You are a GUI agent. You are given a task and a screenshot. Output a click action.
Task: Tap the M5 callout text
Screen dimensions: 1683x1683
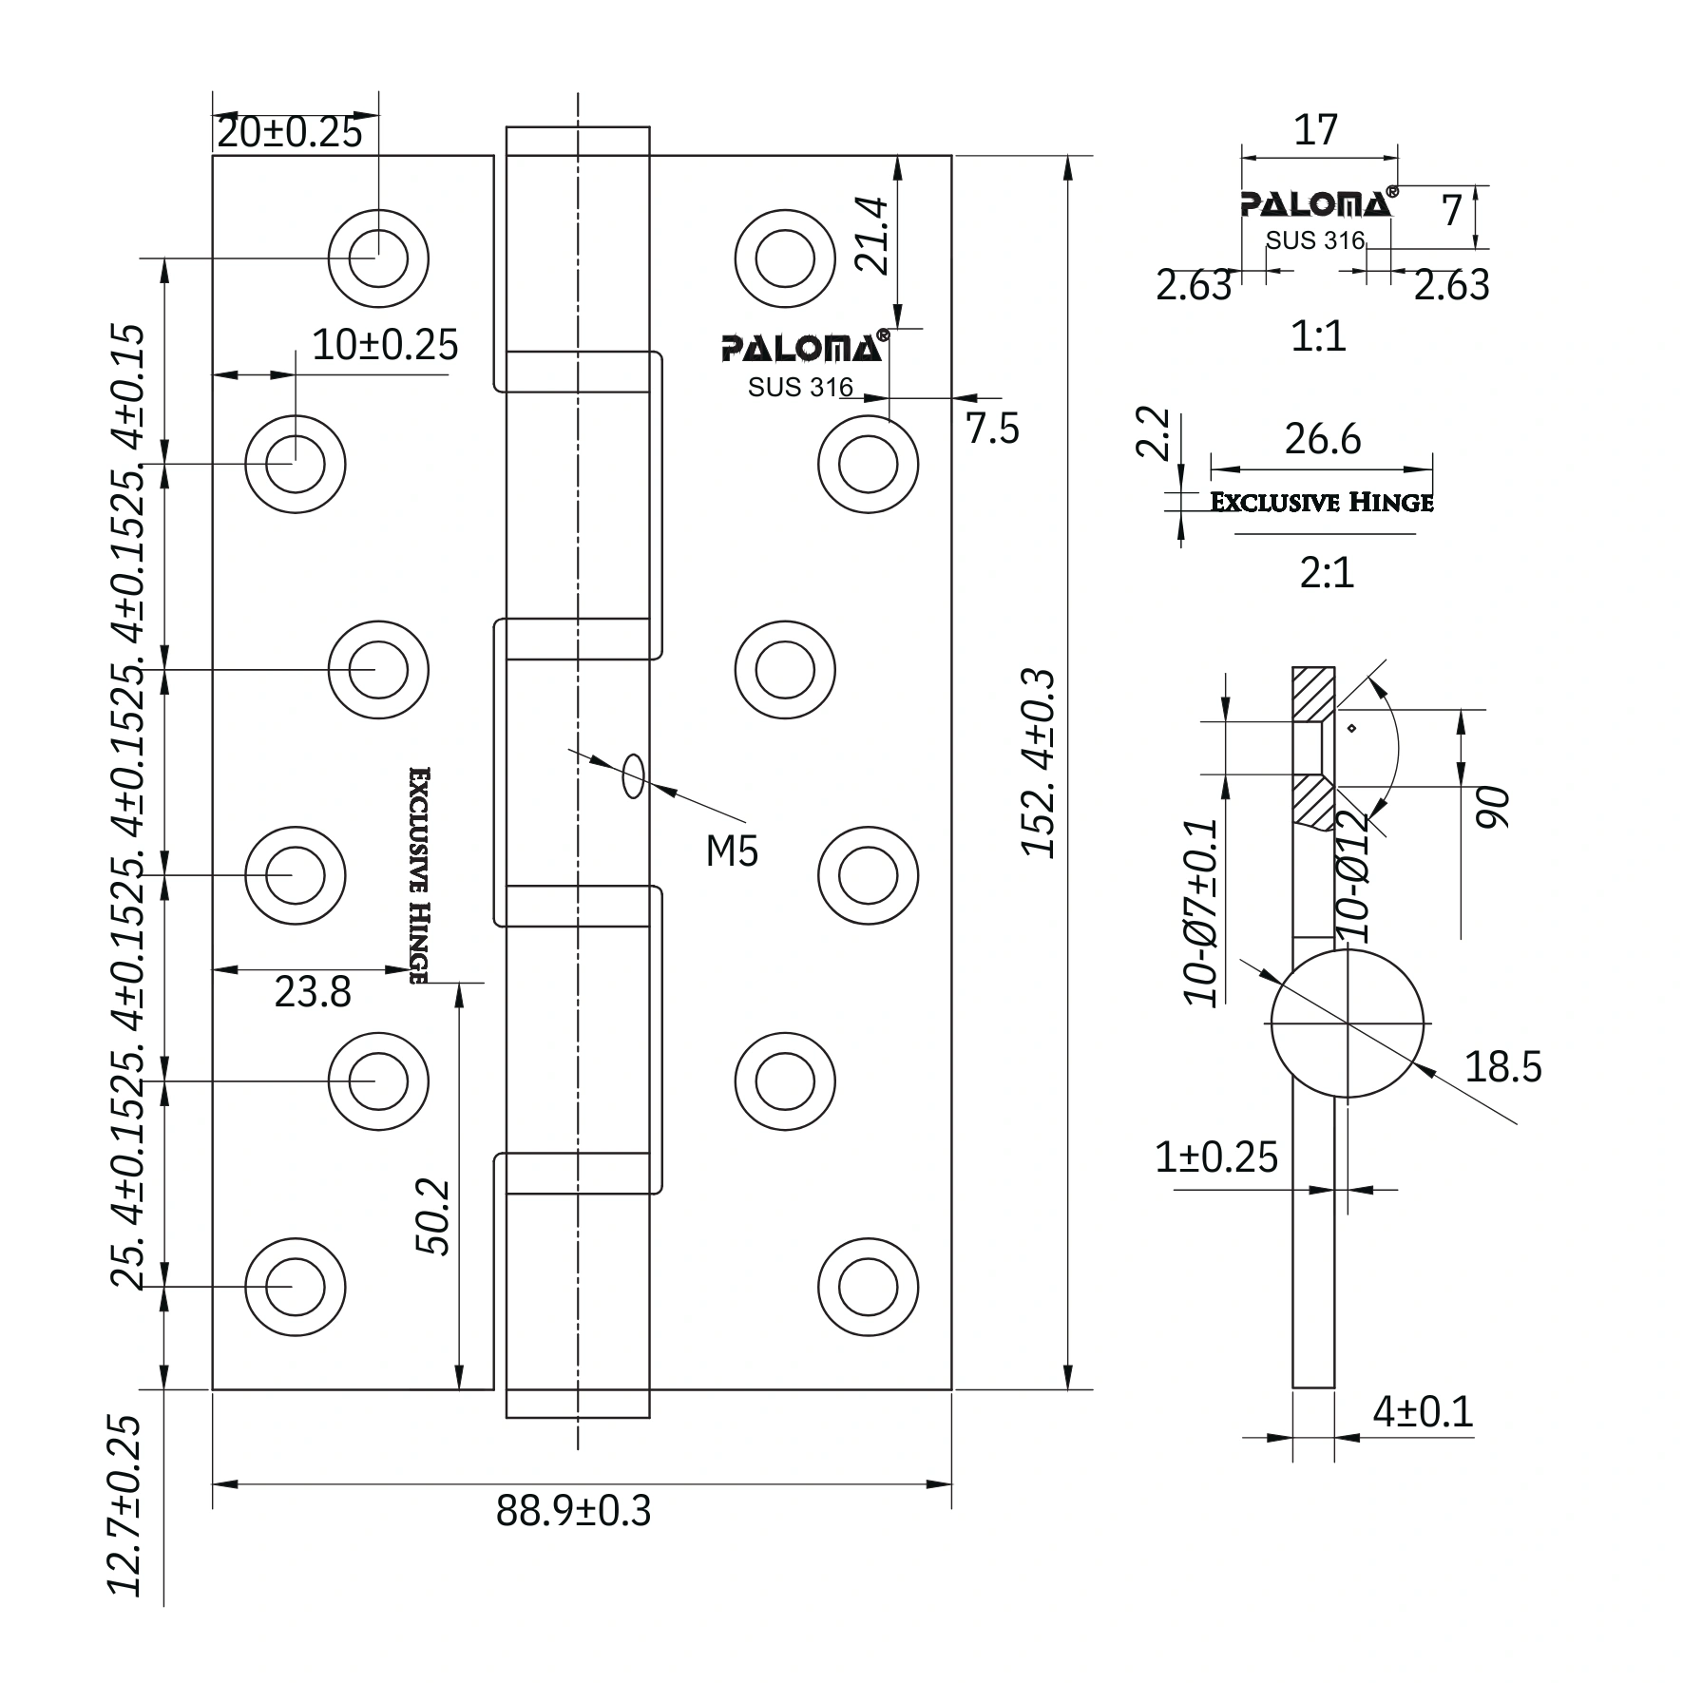click(732, 851)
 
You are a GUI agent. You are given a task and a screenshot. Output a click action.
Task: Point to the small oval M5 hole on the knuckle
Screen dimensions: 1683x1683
click(633, 776)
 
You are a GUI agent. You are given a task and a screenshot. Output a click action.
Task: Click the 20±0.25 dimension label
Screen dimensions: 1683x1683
click(290, 133)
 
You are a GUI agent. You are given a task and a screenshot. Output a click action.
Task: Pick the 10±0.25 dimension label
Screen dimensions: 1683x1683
click(385, 345)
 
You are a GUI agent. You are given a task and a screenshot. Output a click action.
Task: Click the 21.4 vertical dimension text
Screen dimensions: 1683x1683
click(873, 237)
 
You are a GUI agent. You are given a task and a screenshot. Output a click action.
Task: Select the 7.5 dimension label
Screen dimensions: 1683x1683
click(993, 430)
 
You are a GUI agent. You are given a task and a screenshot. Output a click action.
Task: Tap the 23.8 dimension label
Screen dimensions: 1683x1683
click(313, 992)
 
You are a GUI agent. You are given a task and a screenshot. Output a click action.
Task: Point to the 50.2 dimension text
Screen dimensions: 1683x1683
click(433, 1217)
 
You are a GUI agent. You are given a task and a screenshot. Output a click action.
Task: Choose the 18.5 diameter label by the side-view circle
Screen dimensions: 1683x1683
click(1503, 1067)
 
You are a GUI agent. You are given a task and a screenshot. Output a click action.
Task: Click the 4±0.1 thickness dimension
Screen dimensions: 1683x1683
click(1423, 1411)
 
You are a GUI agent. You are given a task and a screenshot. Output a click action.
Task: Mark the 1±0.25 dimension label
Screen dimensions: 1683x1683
click(1216, 1157)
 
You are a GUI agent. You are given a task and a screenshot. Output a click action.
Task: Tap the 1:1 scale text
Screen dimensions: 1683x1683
click(1319, 336)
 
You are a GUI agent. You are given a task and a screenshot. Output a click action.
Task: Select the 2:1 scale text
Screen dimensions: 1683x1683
click(1327, 573)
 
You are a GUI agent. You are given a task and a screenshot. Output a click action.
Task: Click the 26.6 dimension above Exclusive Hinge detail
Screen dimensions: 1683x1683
click(1323, 439)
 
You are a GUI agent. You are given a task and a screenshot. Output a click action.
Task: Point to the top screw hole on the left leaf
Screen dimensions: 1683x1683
click(378, 258)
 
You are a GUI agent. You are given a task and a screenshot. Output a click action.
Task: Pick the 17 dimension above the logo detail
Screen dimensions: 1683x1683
click(1316, 129)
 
